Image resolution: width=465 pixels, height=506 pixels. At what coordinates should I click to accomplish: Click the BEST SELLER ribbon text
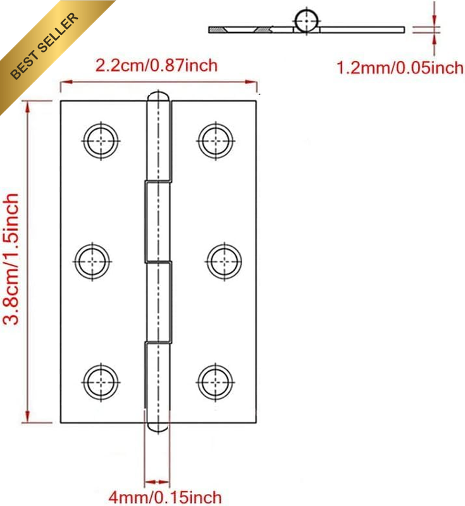44,45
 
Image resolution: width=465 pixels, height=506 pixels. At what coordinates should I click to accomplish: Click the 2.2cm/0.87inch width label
156,66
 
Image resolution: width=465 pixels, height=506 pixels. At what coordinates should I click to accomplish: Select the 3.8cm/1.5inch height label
11,259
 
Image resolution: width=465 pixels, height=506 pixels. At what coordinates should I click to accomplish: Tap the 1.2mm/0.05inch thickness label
400,68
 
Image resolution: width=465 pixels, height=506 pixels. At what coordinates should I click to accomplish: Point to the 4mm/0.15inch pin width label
165,497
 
